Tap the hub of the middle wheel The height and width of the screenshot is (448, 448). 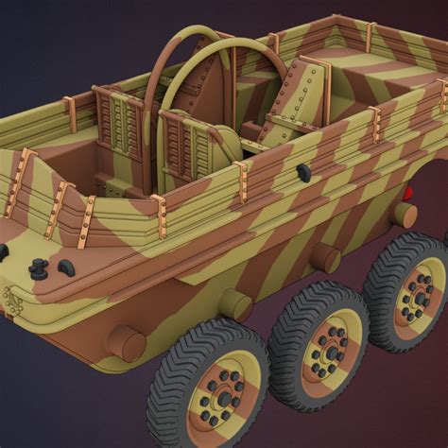[x=330, y=353]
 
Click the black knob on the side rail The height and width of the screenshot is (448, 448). [x=303, y=172]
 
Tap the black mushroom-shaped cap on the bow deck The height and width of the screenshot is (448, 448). [x=39, y=267]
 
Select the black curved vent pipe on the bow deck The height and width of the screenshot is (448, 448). [x=69, y=269]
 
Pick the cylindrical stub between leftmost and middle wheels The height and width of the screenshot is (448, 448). [x=236, y=304]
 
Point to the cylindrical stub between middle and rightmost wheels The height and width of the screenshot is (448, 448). [x=327, y=257]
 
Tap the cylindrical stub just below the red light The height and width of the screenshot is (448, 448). [x=405, y=215]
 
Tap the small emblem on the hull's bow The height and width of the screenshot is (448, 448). [x=10, y=302]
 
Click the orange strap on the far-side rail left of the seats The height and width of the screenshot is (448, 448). [x=70, y=114]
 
